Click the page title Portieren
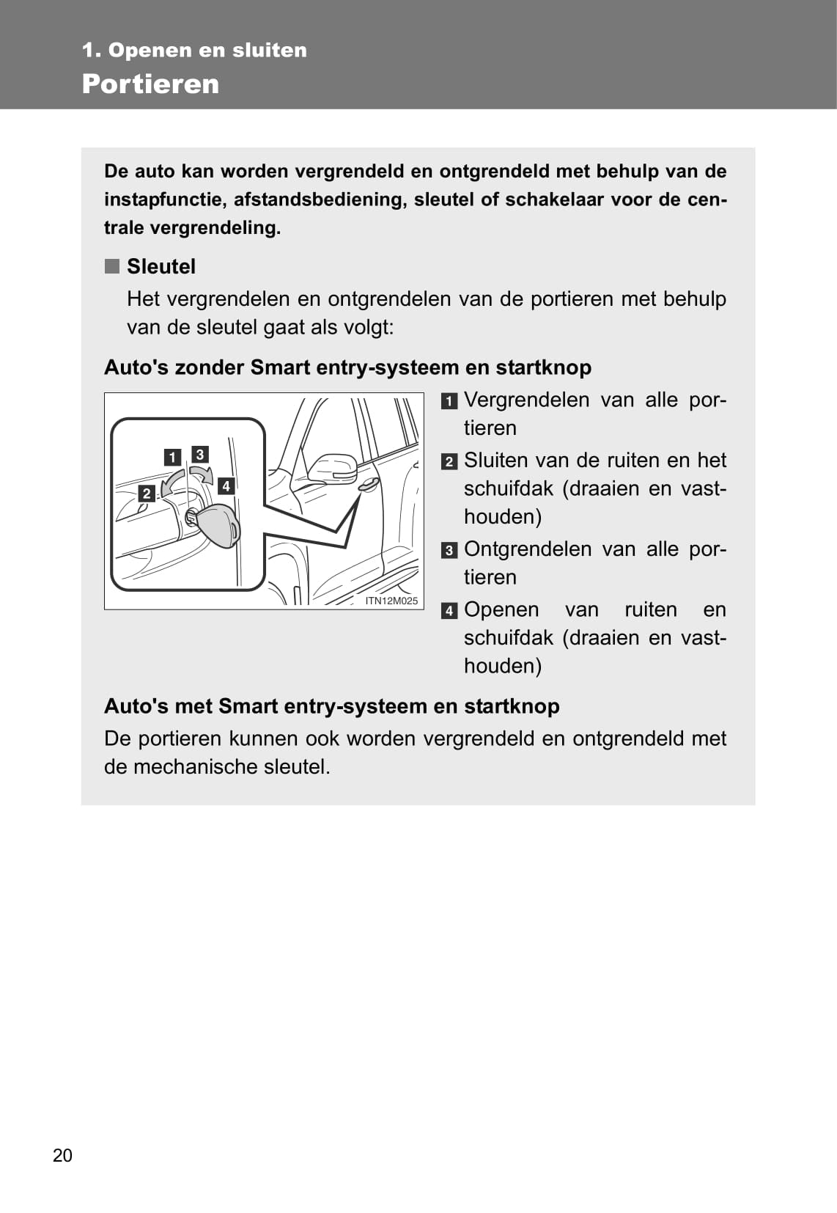point(150,84)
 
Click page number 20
point(62,1155)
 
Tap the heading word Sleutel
point(161,266)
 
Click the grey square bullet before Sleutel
point(111,265)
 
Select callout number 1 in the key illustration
point(172,458)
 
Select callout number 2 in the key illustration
point(147,494)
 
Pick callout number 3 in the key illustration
point(199,455)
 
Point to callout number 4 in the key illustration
point(226,485)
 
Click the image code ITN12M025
point(391,601)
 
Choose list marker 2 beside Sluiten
point(449,462)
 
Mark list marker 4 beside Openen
point(449,611)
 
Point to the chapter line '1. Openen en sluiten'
point(194,50)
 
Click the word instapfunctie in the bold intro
point(165,199)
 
